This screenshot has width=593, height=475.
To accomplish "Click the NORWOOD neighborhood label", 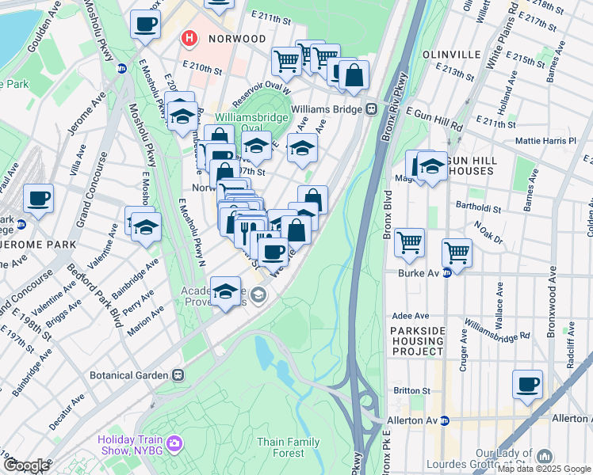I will [236, 38].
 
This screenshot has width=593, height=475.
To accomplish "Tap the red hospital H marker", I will [189, 37].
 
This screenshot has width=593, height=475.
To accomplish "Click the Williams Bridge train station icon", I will [370, 108].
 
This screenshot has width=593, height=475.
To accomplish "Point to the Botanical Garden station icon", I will [179, 374].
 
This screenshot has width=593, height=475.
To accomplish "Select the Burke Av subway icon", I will [446, 273].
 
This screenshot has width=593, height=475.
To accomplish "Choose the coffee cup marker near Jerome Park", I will [38, 199].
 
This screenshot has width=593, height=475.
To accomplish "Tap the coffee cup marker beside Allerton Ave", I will [527, 385].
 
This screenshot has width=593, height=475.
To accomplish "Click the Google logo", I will [26, 465].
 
